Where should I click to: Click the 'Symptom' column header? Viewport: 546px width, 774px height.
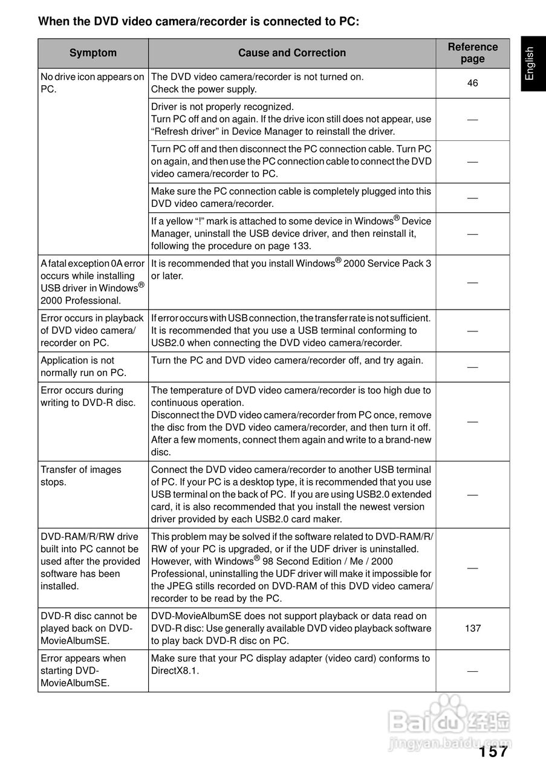(x=93, y=53)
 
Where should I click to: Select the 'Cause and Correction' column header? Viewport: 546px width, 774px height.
(x=292, y=53)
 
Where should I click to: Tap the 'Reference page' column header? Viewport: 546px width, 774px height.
(x=472, y=53)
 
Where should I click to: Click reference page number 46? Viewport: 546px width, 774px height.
(x=472, y=83)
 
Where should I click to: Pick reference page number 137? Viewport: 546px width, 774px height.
(x=472, y=628)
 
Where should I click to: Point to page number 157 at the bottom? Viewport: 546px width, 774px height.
(x=493, y=752)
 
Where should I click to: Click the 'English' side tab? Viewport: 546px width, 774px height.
(x=530, y=63)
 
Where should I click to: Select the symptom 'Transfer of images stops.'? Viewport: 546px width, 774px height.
(x=80, y=476)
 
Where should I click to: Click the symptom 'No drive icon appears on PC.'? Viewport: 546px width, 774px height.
(x=92, y=83)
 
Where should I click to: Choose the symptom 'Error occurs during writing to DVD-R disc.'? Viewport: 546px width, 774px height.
(x=88, y=397)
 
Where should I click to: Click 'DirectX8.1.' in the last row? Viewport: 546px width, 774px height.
(x=175, y=671)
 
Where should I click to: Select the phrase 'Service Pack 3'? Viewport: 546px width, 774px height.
(x=400, y=264)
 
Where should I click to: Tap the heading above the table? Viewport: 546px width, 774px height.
(x=198, y=22)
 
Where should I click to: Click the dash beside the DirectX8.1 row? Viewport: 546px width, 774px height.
(x=472, y=671)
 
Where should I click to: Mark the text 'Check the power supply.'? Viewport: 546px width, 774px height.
(x=204, y=89)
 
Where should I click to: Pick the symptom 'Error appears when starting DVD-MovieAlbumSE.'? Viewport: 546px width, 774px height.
(x=83, y=671)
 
